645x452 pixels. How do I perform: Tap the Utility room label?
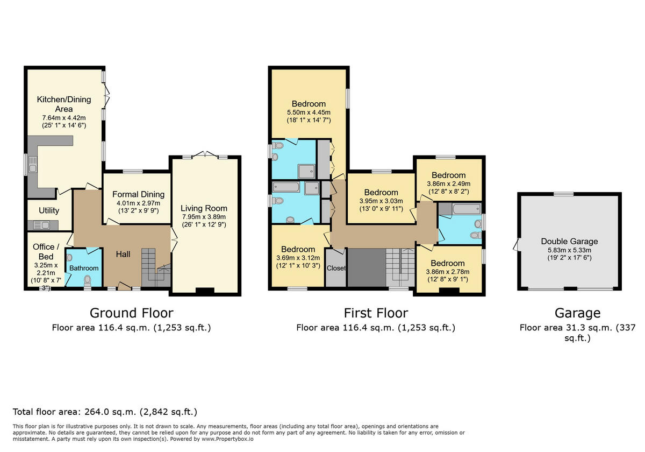click(x=49, y=210)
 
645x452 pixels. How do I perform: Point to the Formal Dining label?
click(x=138, y=194)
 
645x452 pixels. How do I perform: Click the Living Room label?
click(x=204, y=208)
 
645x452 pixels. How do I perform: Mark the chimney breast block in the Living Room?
click(x=204, y=291)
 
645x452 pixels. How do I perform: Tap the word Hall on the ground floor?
click(x=123, y=254)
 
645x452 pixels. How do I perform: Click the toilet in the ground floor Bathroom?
click(x=88, y=280)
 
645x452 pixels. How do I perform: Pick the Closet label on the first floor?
click(x=336, y=268)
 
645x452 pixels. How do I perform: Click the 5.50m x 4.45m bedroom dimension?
click(x=309, y=112)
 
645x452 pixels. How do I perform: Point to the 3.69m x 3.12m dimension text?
click(x=298, y=258)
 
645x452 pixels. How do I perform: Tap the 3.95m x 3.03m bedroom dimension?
click(x=381, y=201)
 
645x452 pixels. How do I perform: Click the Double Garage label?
click(x=569, y=241)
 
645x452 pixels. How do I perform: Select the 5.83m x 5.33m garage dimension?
click(x=569, y=250)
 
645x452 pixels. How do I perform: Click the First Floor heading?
click(x=376, y=313)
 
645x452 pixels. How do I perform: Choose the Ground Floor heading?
click(x=131, y=313)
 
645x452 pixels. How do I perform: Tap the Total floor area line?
click(x=105, y=412)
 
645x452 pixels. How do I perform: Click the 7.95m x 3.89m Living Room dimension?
click(x=204, y=217)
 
